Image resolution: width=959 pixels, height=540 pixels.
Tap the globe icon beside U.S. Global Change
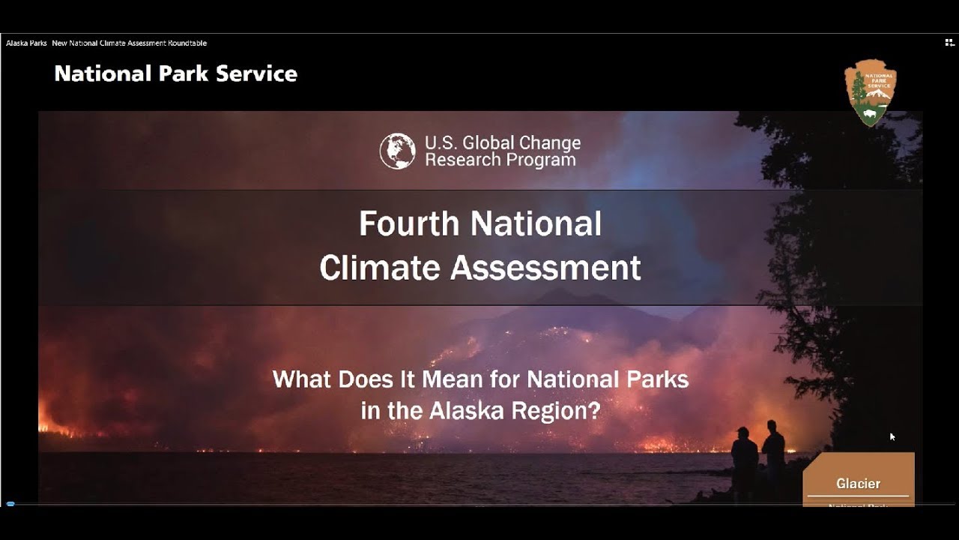[397, 151]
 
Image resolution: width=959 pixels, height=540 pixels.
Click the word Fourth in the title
[408, 224]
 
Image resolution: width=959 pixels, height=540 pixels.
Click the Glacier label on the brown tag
[859, 484]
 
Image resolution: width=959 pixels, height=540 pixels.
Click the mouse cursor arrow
[892, 436]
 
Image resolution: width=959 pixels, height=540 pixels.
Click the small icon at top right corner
[949, 43]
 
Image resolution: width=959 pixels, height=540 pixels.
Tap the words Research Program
[500, 160]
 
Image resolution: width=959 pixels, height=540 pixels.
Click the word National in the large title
[536, 224]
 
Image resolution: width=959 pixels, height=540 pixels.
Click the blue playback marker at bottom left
[10, 504]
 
